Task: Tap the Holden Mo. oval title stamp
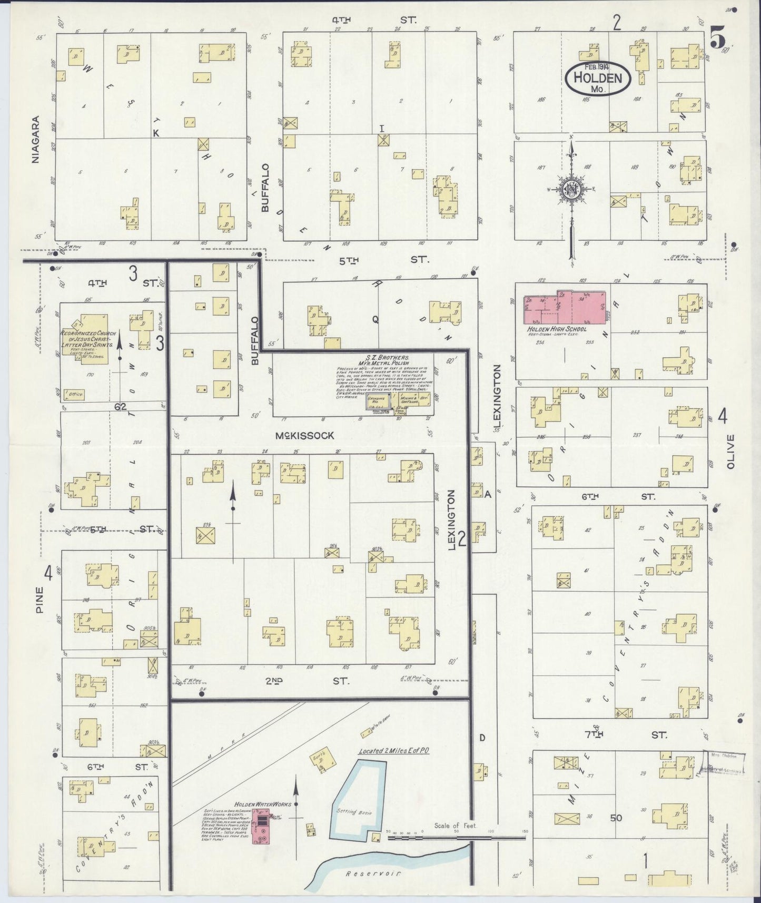pyautogui.click(x=597, y=79)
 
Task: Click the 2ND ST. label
pyautogui.click(x=307, y=681)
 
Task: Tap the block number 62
pyautogui.click(x=120, y=407)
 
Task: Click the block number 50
pyautogui.click(x=616, y=818)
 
